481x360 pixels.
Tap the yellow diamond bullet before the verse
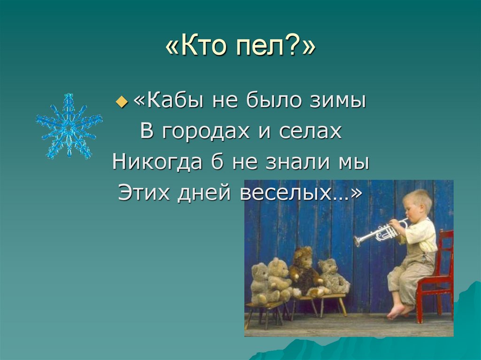(x=122, y=102)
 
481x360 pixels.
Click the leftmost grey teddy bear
(x=259, y=283)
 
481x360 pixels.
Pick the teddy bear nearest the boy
(x=332, y=277)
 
